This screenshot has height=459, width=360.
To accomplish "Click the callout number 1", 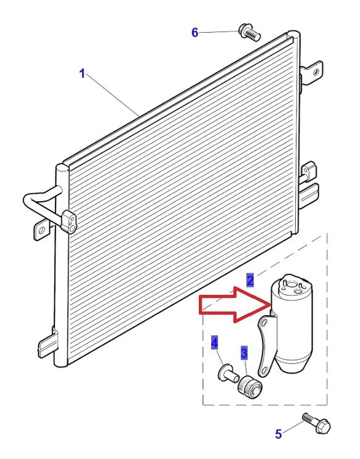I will tap(82, 74).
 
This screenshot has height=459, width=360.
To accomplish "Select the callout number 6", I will tap(195, 33).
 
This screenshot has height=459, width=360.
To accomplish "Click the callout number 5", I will tap(278, 434).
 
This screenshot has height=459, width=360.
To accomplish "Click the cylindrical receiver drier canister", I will tap(293, 327).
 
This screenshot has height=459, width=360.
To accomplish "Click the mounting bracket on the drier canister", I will tap(266, 345).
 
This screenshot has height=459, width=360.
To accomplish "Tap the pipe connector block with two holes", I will tap(69, 221).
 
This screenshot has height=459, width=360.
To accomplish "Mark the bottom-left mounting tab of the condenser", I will tap(47, 344).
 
